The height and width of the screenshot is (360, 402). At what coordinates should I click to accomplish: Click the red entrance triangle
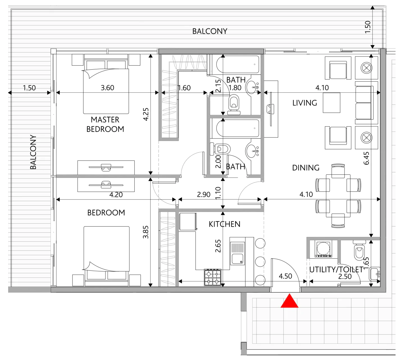(x=289, y=301)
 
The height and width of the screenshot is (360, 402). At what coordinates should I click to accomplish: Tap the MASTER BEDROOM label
(x=105, y=124)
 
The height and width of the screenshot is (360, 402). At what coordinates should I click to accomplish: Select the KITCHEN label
(x=224, y=224)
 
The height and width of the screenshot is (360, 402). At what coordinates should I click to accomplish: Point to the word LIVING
(x=305, y=103)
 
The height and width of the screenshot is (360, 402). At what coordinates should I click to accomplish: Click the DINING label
(x=306, y=168)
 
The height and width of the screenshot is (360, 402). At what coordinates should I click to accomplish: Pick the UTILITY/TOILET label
(x=336, y=269)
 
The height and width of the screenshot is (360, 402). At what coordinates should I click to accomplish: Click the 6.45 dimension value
(x=366, y=158)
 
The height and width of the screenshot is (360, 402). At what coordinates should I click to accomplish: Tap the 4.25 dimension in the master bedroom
(x=146, y=114)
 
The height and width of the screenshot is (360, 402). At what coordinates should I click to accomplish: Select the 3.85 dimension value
(x=146, y=232)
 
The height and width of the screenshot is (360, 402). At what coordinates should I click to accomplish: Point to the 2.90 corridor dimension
(x=204, y=194)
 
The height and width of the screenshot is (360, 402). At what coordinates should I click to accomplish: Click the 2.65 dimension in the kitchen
(x=218, y=246)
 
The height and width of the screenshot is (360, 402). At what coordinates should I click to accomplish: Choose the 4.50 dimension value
(x=285, y=276)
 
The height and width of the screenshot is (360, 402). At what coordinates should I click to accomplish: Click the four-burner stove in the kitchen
(x=212, y=278)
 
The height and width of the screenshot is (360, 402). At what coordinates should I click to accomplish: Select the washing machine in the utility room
(x=323, y=249)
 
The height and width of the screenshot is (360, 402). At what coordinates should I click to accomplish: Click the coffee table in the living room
(x=331, y=103)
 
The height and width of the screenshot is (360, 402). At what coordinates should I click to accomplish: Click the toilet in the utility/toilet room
(x=359, y=250)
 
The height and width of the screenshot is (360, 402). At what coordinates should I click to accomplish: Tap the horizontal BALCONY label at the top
(x=210, y=31)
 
